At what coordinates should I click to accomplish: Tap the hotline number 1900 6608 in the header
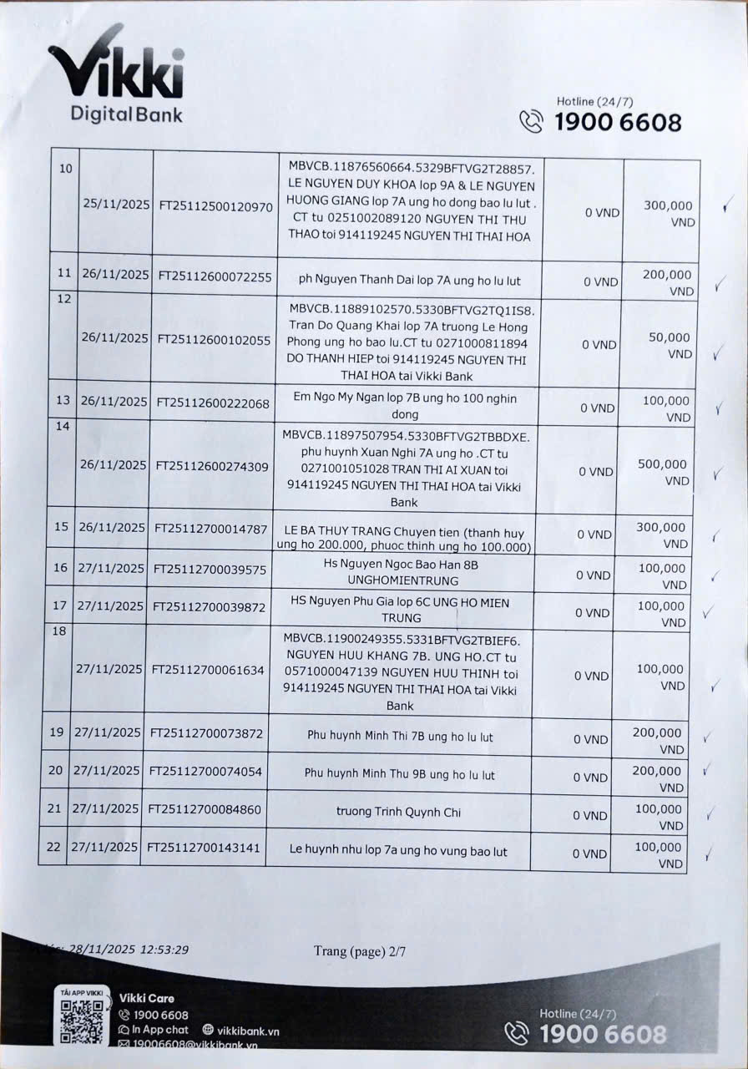coord(617,122)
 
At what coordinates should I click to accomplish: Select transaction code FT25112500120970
coord(215,206)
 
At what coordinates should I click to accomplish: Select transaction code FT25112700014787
coord(211,528)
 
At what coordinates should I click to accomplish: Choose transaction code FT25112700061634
coord(207,669)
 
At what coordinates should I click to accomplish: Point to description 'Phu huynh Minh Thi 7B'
coord(400,737)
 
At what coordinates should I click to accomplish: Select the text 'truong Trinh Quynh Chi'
coord(398,812)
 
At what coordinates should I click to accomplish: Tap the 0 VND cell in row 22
coord(589,854)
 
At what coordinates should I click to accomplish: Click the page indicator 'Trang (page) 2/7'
coord(360,950)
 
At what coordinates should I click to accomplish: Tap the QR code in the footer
coord(82,1019)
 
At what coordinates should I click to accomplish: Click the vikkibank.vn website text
coord(248,1031)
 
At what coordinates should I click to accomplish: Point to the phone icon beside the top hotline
coord(531,122)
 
